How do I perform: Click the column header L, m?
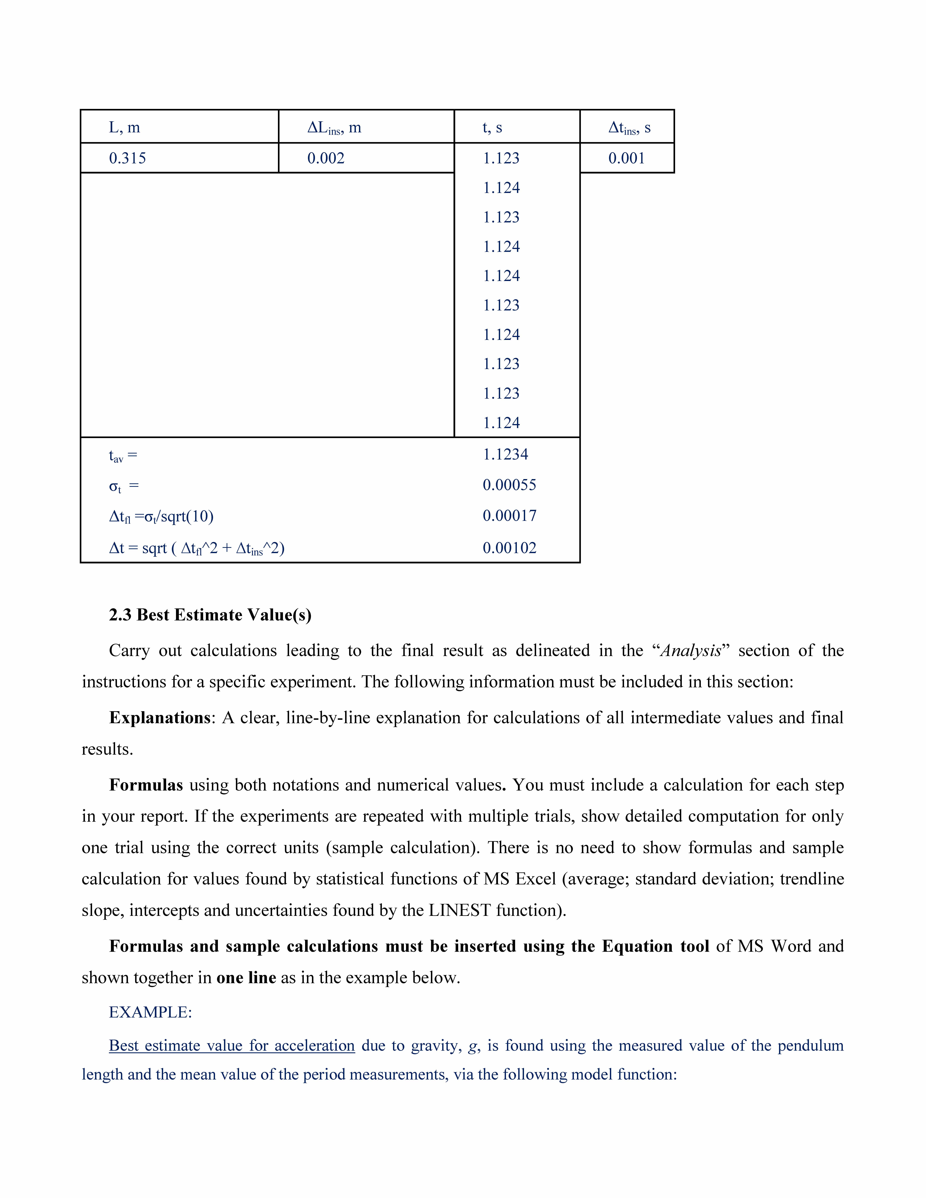pos(125,128)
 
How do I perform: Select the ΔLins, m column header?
pos(334,128)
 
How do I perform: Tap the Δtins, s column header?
pos(629,128)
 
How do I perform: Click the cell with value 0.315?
pos(127,159)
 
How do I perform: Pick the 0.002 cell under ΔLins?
pos(326,159)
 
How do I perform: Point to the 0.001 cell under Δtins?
pos(626,159)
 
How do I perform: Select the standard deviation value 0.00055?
pos(509,485)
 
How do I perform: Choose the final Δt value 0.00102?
pos(509,548)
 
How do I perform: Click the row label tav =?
pos(123,456)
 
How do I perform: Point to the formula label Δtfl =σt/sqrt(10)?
pos(161,517)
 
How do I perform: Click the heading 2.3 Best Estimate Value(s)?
pos(210,615)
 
